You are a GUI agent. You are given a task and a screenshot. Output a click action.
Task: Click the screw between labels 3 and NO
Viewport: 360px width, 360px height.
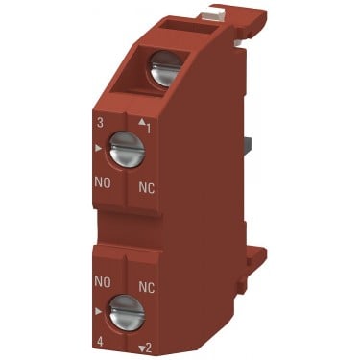tap(127, 149)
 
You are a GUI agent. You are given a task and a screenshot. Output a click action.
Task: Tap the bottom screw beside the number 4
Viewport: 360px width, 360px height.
tap(127, 312)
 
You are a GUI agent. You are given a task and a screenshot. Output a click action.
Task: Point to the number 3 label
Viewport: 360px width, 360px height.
tap(100, 124)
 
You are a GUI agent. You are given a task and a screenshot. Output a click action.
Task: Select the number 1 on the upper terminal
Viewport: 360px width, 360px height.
tap(148, 129)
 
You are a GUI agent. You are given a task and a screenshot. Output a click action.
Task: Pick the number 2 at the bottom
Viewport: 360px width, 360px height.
tap(148, 348)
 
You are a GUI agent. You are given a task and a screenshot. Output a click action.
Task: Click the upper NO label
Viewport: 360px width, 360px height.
tap(103, 183)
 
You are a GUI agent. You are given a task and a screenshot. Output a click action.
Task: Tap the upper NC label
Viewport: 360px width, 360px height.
tap(147, 188)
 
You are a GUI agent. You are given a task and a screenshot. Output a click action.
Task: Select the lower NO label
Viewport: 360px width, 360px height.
tap(103, 282)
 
